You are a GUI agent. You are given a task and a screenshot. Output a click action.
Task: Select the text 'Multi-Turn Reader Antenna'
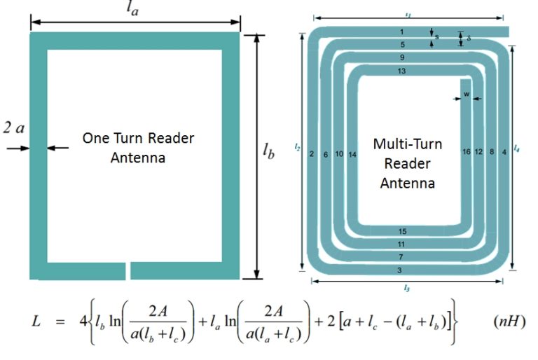407,163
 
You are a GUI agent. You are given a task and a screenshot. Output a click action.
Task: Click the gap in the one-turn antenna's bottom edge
127,270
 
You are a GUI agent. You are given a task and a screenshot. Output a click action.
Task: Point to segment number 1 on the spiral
401,32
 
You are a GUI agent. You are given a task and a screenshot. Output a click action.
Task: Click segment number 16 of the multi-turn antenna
466,152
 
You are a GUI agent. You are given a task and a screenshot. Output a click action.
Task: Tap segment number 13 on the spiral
401,71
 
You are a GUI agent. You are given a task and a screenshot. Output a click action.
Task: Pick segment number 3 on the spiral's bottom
399,270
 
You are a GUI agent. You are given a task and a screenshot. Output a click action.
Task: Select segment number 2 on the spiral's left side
311,153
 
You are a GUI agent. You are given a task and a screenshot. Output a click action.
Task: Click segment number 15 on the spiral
401,232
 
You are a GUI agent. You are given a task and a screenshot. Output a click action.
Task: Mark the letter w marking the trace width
466,92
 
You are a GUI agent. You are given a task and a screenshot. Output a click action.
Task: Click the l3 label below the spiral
406,288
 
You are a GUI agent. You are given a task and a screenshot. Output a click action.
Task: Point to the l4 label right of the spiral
516,149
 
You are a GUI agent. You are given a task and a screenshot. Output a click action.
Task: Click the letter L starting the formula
36,321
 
